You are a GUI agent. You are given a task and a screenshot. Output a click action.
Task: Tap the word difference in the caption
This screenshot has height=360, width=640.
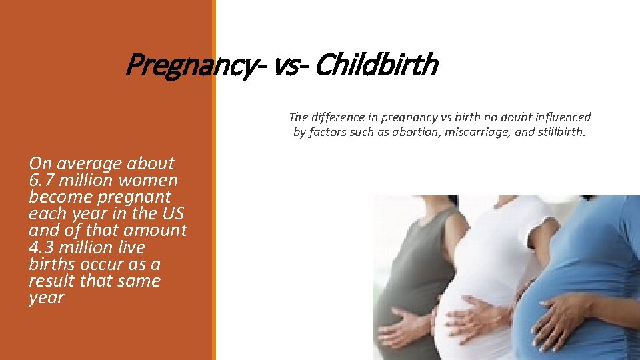(340, 117)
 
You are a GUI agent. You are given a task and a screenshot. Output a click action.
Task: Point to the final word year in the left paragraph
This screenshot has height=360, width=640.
(46, 298)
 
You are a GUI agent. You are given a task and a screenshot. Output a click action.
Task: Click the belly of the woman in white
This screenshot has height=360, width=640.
(467, 287)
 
